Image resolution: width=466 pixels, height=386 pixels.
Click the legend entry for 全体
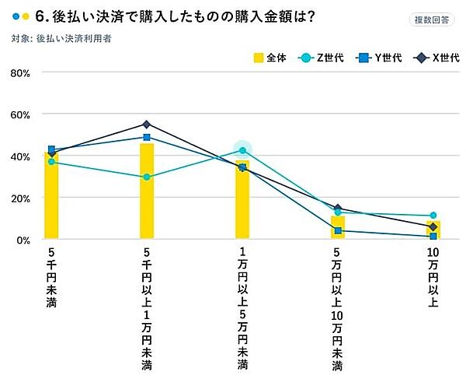point(270,58)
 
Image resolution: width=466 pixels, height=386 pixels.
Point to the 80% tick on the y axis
point(19,72)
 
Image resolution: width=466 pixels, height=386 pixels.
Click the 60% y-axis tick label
point(19,114)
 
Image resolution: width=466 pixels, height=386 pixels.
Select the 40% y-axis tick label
point(19,156)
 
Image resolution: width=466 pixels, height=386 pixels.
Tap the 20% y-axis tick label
point(19,198)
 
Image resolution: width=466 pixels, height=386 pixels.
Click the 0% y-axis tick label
point(23,240)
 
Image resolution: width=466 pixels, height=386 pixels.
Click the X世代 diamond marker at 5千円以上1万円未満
point(147,125)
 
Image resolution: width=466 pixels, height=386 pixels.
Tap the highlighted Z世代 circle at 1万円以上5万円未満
point(242,150)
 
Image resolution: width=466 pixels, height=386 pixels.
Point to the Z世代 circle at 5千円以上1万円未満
point(147,177)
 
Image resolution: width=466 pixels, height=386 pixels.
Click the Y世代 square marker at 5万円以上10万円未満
point(338,230)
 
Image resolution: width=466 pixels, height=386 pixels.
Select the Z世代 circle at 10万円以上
point(433,216)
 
